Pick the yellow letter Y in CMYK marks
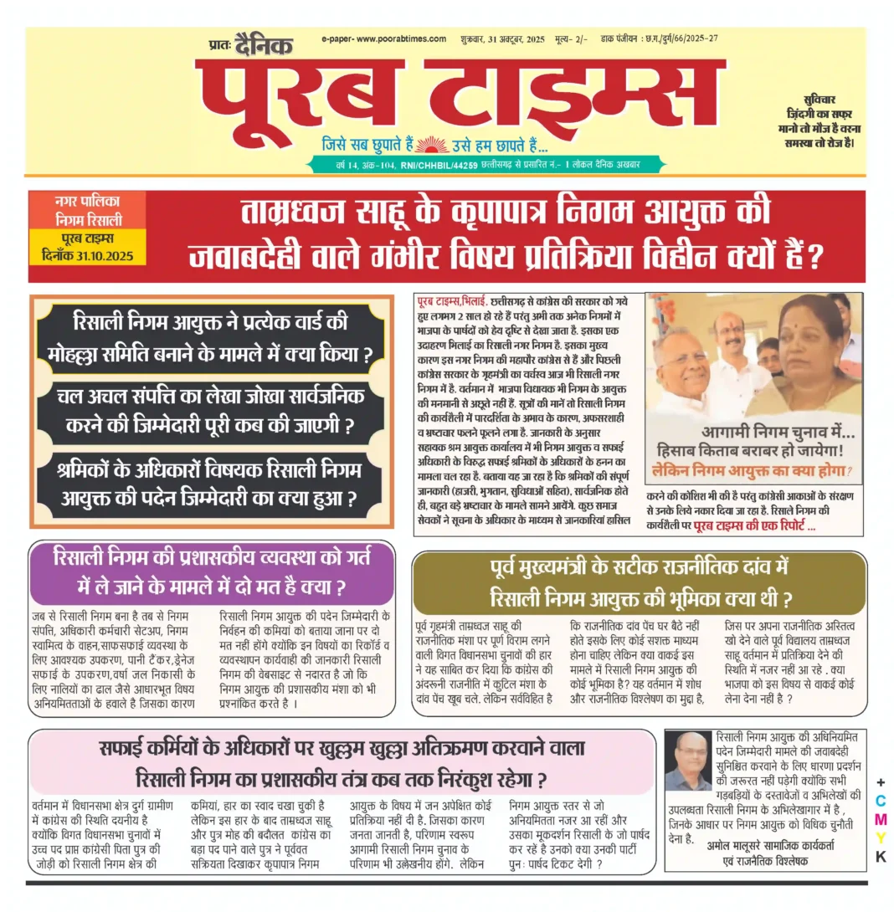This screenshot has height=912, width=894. (880, 837)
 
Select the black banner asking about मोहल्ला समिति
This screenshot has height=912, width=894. (211, 335)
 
